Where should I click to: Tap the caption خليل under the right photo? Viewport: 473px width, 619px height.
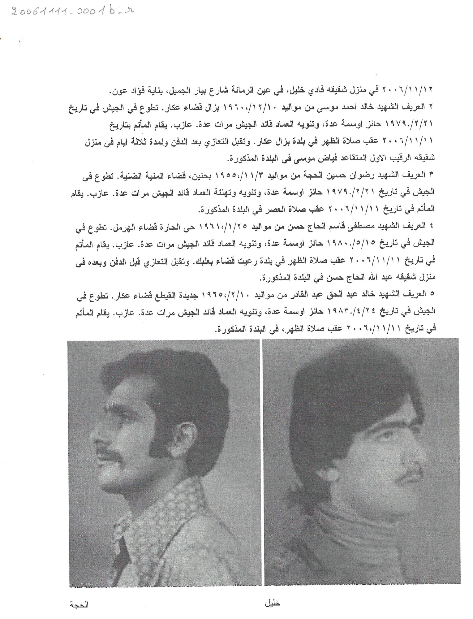(x=273, y=603)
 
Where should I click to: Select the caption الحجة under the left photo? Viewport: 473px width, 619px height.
(x=80, y=605)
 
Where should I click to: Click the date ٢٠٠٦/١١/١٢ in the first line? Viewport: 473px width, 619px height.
(x=415, y=90)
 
